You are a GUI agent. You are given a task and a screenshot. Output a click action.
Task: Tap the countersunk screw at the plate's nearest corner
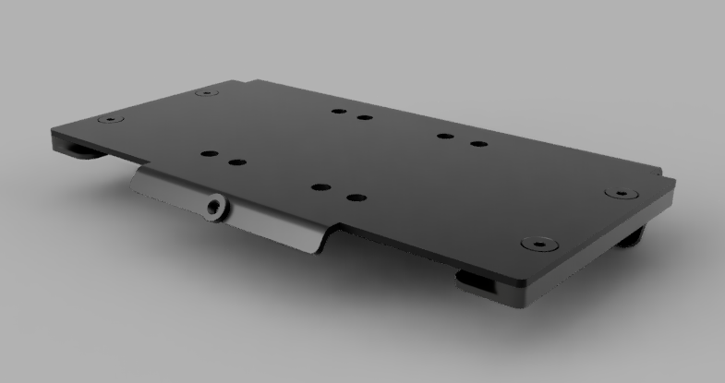[x=539, y=245]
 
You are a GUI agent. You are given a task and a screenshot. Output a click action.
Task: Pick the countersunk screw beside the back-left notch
[x=205, y=93]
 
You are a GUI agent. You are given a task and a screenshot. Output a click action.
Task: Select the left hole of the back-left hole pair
[x=339, y=111]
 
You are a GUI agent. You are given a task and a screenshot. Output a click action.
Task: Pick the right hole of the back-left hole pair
[x=364, y=117]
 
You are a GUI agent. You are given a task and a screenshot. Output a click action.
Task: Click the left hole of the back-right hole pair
[x=445, y=137]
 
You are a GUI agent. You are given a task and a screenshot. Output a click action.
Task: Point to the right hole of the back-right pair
[x=477, y=144]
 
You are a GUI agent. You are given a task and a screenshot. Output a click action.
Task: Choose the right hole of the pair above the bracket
[x=236, y=162]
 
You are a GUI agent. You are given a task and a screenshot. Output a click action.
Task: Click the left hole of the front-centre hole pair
[x=320, y=187]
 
